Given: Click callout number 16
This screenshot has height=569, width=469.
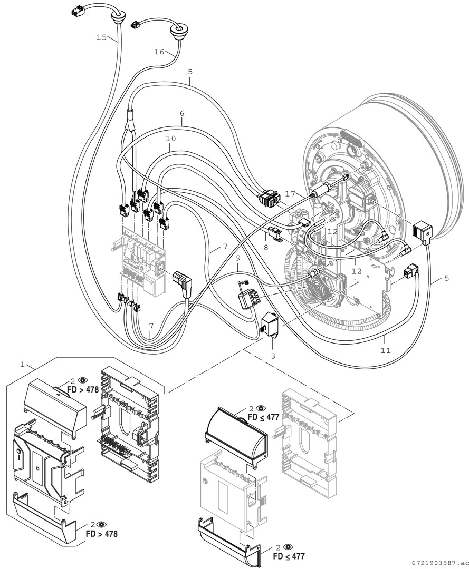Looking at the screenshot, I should click(x=160, y=52).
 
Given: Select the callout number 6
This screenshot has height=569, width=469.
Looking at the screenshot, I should click(x=182, y=113).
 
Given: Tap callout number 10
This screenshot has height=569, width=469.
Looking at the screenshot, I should click(x=170, y=138).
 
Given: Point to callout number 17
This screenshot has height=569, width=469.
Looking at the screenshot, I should click(x=291, y=194).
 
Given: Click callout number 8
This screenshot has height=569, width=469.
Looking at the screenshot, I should click(x=265, y=246).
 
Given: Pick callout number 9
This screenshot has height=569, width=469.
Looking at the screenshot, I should click(x=238, y=258).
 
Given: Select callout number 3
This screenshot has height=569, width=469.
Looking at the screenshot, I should click(x=273, y=356).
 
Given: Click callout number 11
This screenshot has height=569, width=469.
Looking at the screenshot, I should click(x=386, y=350).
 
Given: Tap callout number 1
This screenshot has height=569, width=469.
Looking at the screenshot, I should click(x=22, y=364).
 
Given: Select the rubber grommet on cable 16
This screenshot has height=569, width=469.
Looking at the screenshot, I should click(x=178, y=28).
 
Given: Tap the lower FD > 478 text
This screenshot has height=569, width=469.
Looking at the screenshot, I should click(x=101, y=533).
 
